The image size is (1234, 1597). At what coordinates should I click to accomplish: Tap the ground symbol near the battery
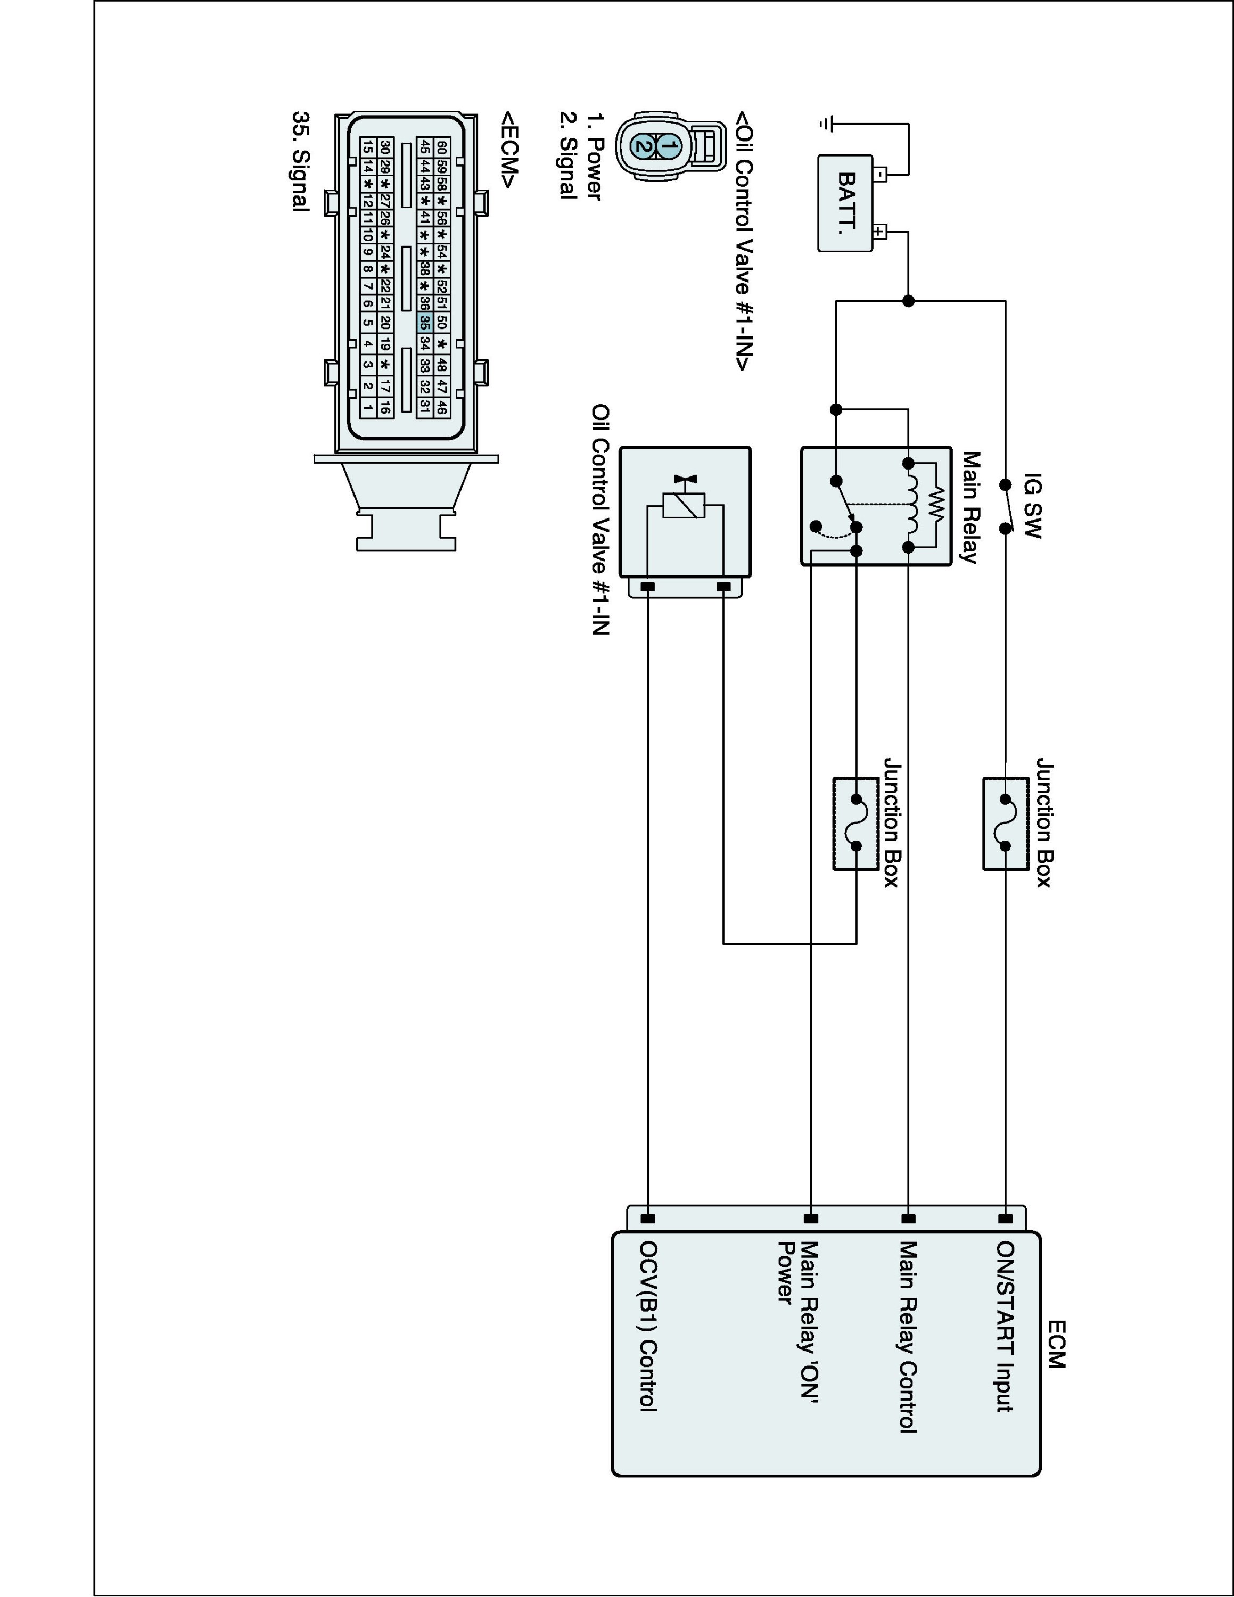pos(826,125)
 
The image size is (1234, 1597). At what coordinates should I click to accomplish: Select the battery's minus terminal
pos(880,174)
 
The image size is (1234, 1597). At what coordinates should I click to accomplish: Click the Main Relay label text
pos(969,507)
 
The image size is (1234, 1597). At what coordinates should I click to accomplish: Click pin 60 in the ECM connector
pos(441,147)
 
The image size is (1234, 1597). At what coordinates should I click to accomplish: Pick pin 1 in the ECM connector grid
pos(368,407)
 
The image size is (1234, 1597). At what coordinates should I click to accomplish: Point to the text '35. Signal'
pos(300,162)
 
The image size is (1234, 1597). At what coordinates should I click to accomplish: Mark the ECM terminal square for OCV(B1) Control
pos(648,1218)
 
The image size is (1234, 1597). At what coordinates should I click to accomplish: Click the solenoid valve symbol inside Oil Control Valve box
pos(684,505)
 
